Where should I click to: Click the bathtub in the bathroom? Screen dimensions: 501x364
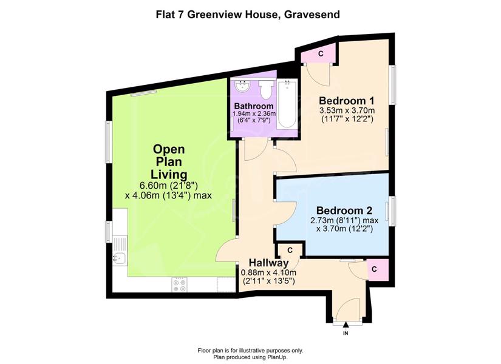pos(287,104)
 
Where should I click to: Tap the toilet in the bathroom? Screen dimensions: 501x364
pos(266,89)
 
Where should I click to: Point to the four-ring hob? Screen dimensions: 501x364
pos(179,284)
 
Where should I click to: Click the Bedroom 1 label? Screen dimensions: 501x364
pos(347,101)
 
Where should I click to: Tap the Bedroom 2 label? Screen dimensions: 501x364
pos(344,211)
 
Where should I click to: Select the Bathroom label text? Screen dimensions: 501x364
pos(254,106)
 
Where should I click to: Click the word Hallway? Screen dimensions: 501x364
pos(268,263)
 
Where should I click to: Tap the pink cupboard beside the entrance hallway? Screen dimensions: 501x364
pos(377,269)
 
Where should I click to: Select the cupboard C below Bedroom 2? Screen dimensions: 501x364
pos(290,250)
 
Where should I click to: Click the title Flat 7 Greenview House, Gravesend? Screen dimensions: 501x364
pos(248,15)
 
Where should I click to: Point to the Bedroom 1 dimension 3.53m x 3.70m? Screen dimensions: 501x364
pos(347,111)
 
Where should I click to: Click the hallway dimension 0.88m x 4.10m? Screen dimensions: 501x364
pos(268,272)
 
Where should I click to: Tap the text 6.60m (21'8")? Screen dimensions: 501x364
pos(169,186)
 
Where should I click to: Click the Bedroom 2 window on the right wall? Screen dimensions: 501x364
pos(390,211)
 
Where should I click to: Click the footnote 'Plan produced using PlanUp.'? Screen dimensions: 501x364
pos(250,357)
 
